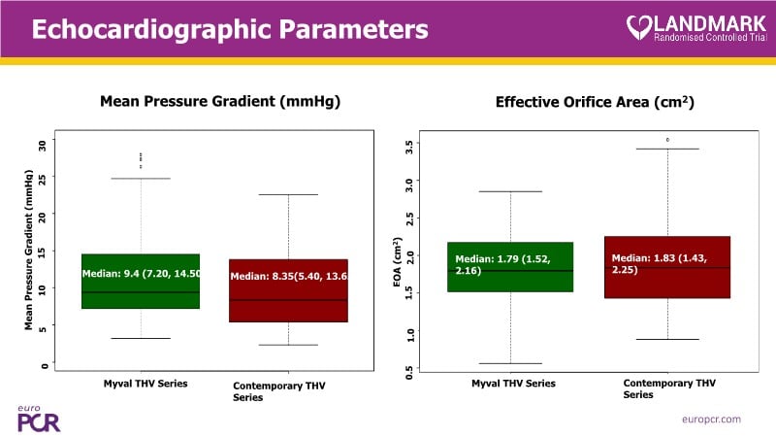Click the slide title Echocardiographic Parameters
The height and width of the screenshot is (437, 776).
click(x=230, y=29)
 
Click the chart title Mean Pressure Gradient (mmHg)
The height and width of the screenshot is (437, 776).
click(x=220, y=101)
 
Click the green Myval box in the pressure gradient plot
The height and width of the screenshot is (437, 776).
click(x=141, y=281)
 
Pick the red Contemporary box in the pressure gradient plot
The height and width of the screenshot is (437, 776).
click(x=288, y=290)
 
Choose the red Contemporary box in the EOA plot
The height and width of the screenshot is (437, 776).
click(x=667, y=267)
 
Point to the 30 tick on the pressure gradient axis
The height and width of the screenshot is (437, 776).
click(x=42, y=145)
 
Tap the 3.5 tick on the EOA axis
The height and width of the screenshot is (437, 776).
click(x=410, y=148)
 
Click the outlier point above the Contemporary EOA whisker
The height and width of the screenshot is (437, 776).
click(x=667, y=140)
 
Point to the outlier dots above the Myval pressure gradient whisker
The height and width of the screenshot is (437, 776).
click(x=141, y=160)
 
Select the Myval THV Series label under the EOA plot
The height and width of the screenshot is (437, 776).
click(x=513, y=384)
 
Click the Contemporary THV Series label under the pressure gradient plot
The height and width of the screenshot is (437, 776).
click(x=279, y=392)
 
